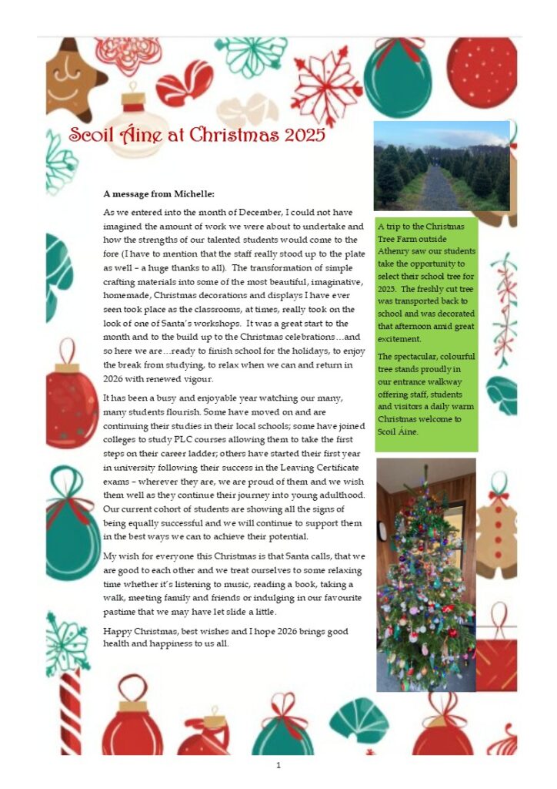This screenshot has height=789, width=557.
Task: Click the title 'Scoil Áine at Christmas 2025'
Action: click(x=198, y=136)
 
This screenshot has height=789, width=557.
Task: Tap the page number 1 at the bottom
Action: click(x=278, y=765)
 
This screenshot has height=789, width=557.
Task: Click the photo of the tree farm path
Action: click(x=441, y=166)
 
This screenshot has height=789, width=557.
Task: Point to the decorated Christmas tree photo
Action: click(x=425, y=574)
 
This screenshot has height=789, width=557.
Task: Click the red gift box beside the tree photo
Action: click(x=496, y=659)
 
